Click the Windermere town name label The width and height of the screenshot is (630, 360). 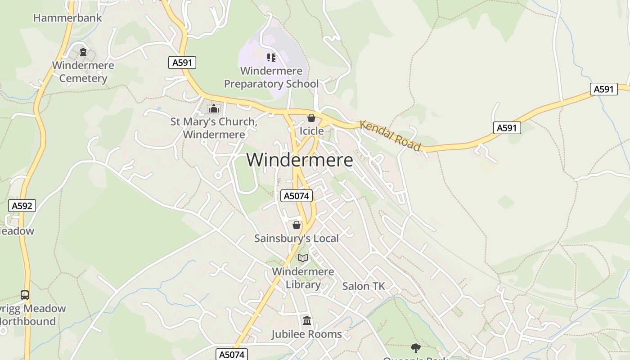click(300, 160)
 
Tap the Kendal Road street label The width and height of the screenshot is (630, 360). click(391, 135)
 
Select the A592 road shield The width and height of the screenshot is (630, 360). click(22, 206)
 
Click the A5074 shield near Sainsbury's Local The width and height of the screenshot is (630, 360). click(296, 196)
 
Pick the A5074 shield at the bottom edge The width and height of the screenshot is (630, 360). click(232, 354)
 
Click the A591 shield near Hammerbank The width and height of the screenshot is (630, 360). click(183, 63)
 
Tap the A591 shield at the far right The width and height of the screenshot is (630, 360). click(603, 89)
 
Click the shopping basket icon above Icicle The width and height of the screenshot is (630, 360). click(311, 118)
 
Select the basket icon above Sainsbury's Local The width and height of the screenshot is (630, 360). click(296, 225)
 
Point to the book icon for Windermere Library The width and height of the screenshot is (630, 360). click(303, 258)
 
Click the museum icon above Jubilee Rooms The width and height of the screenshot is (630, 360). click(307, 320)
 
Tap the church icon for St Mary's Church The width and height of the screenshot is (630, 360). click(213, 108)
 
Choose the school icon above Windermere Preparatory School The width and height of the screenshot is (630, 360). click(271, 57)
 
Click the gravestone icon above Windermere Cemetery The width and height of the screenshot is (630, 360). click(83, 52)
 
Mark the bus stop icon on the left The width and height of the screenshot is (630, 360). click(25, 295)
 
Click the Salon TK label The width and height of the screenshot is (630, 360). click(364, 286)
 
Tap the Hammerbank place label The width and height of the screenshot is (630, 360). click(68, 18)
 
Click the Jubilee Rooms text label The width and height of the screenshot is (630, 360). click(306, 334)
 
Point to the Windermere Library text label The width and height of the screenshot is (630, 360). click(303, 278)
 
